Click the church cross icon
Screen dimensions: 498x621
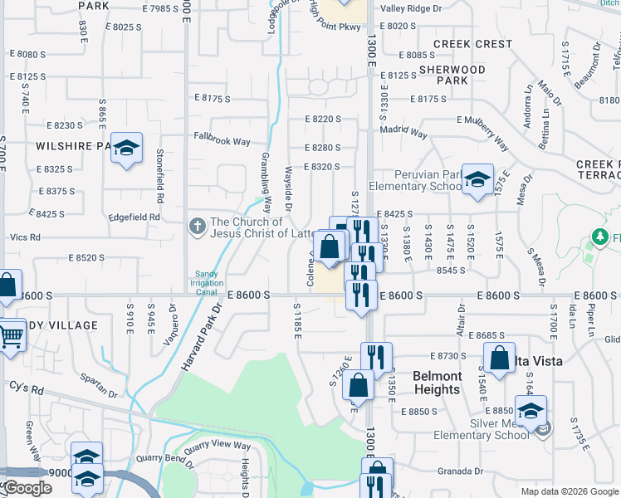click(197, 226)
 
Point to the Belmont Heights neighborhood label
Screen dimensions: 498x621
click(437, 383)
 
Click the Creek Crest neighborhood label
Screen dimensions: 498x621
click(472, 44)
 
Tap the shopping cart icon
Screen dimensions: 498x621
click(10, 336)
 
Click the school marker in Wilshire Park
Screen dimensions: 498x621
click(126, 148)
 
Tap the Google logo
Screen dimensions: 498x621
click(28, 488)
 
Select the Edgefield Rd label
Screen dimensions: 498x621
click(134, 217)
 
